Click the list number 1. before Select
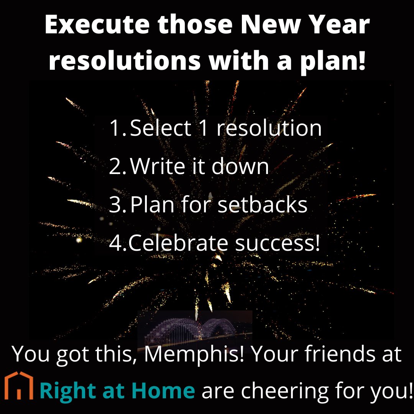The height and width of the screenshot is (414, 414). click(118, 128)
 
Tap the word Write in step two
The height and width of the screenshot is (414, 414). click(158, 166)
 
